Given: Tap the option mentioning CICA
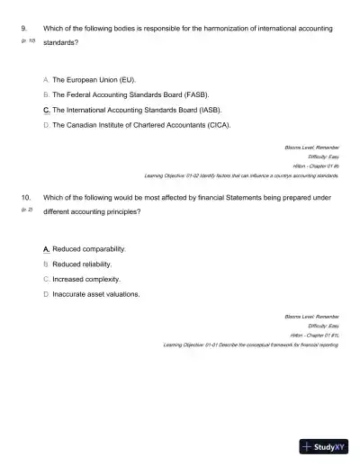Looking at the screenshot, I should click(141, 124).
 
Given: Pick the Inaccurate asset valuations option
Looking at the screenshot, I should click(96, 293).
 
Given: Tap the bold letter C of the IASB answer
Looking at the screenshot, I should click(46, 110).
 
